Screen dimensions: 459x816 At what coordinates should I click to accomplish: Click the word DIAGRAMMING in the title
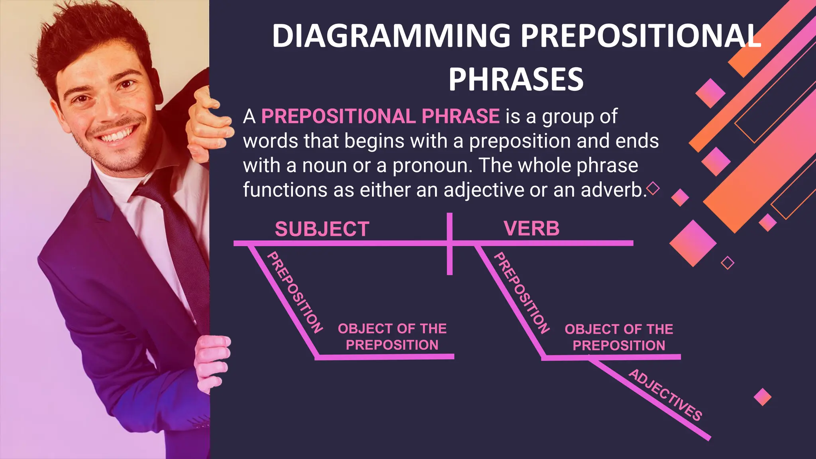[x=391, y=36]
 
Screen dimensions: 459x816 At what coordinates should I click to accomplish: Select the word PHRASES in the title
[x=516, y=79]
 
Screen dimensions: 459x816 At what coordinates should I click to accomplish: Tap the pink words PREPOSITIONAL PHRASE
[x=380, y=116]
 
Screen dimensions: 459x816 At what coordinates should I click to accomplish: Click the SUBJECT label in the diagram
[x=322, y=229]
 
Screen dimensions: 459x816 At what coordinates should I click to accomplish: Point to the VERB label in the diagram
[x=531, y=228]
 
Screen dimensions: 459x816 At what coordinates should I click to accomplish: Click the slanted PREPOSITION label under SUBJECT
[x=294, y=292]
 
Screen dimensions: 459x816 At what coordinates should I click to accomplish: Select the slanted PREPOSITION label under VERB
[x=522, y=292]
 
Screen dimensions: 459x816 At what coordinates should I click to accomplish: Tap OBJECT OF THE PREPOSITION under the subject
[x=392, y=337]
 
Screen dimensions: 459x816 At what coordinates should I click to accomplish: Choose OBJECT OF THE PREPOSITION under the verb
[x=619, y=337]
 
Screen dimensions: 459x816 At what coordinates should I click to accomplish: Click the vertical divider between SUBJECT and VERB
[x=450, y=255]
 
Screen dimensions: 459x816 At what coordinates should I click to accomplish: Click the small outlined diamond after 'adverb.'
[x=653, y=188]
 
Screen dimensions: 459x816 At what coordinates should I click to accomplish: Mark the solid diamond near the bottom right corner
[x=763, y=397]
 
